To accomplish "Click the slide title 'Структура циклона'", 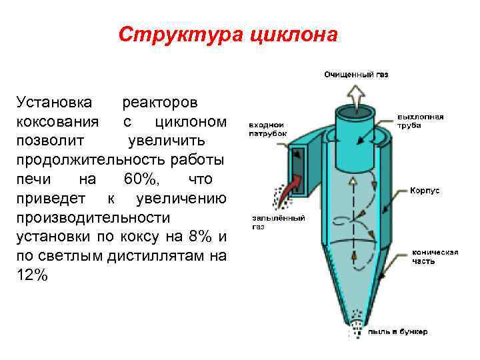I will tap(228, 34).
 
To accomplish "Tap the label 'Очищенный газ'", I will tap(356, 74).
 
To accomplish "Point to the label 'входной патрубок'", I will tap(268, 129).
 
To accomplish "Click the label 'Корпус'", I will tap(425, 190).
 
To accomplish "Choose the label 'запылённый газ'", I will tap(278, 222).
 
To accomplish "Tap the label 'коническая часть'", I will tap(435, 257).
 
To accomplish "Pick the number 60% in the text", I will tap(140, 179).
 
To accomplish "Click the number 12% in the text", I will tap(31, 275).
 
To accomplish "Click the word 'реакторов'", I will tap(160, 103).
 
